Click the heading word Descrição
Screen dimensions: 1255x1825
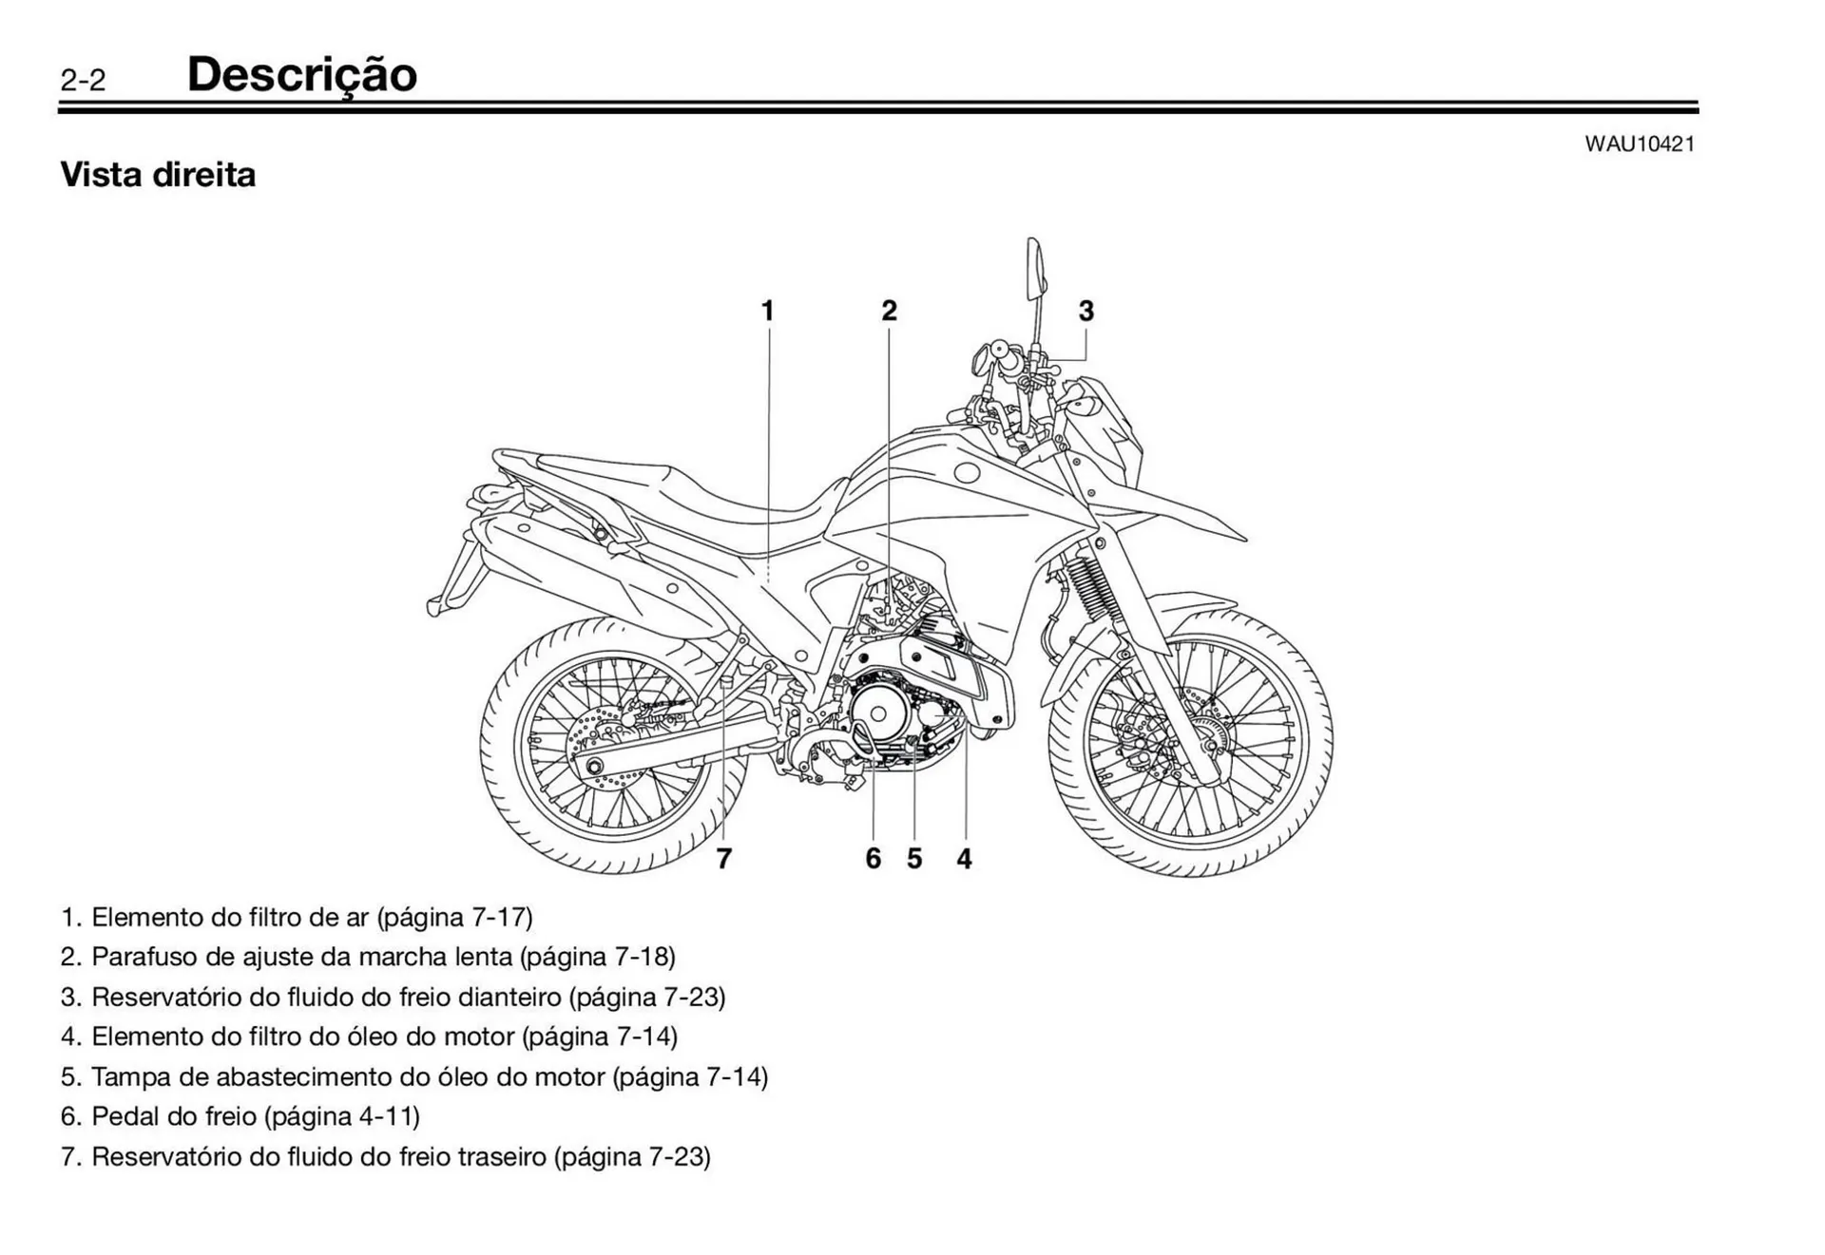pyautogui.click(x=301, y=75)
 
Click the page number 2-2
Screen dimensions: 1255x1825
pyautogui.click(x=83, y=81)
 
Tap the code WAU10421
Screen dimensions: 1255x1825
pyautogui.click(x=1639, y=144)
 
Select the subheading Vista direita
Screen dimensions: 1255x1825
pyautogui.click(x=158, y=175)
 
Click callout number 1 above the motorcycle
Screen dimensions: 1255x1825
pyautogui.click(x=767, y=311)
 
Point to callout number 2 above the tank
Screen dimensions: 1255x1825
pyautogui.click(x=889, y=311)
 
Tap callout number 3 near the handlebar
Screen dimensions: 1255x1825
pyautogui.click(x=1085, y=311)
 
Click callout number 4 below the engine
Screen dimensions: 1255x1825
pyautogui.click(x=964, y=859)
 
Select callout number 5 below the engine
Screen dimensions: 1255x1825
pyautogui.click(x=914, y=859)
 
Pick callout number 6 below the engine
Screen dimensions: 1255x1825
pyautogui.click(x=873, y=859)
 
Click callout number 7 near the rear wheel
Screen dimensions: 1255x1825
pyautogui.click(x=724, y=859)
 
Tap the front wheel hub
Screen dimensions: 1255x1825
pyautogui.click(x=1209, y=747)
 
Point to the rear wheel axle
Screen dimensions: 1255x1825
pyautogui.click(x=596, y=767)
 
